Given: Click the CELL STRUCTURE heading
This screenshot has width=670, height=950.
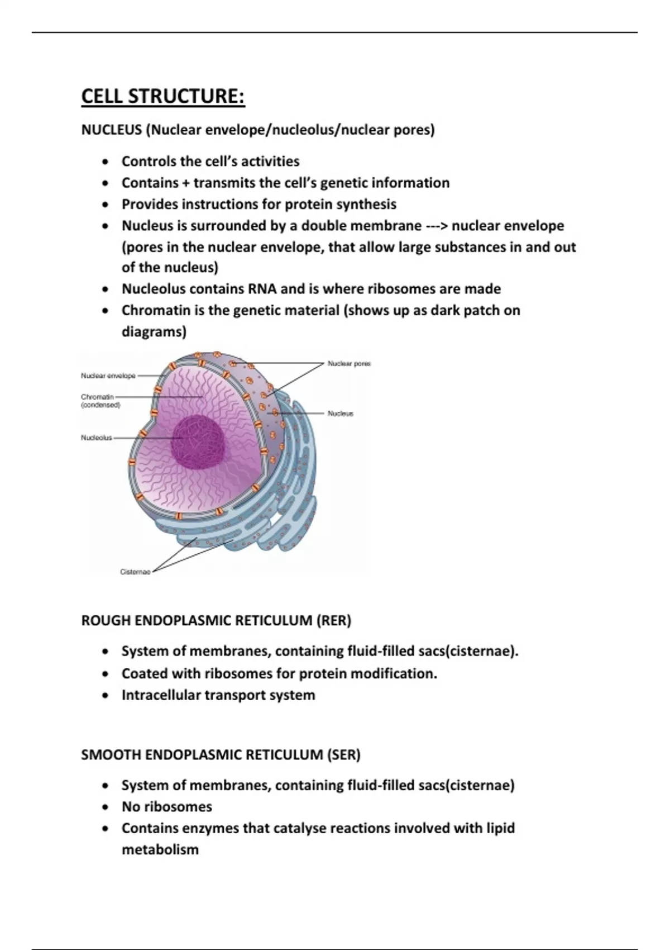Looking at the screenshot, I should coord(163,96).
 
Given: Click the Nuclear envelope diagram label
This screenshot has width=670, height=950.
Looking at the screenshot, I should coord(108,376).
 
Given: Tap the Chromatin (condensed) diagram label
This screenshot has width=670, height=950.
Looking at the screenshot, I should coord(100,401).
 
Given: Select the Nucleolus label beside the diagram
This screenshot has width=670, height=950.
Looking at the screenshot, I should coord(97,438).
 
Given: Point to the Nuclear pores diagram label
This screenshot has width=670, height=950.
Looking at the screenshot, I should coord(349,364).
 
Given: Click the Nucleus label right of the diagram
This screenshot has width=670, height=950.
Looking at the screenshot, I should coord(341,414).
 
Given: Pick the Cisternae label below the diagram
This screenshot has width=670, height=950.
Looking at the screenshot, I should coord(135,572).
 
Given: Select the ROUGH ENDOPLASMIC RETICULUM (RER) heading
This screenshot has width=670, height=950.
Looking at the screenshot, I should coord(216,620).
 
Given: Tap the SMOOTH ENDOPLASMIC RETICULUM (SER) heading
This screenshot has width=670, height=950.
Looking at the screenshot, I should coord(221,754).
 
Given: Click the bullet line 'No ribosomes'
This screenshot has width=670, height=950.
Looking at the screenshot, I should coord(167,806).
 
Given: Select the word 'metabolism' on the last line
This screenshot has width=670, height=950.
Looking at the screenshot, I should coord(160,849).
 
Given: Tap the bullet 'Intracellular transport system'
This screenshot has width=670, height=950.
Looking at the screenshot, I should coord(218,695).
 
